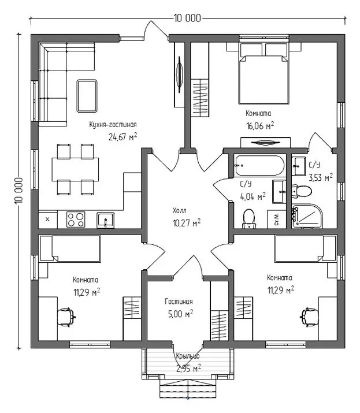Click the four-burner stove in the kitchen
coord(76,219)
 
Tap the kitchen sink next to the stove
coord(105,220)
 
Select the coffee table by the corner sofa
coord(87,96)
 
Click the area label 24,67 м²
coord(123,137)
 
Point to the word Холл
coord(180,210)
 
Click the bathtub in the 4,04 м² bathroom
coord(259,165)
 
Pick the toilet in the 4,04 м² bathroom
coord(249,218)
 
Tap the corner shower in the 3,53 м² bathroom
coord(307,215)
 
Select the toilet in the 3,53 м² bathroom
coord(302,191)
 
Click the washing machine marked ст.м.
coord(276,219)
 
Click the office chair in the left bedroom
coord(66,317)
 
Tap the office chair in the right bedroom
coord(310,317)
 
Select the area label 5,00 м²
coord(180,314)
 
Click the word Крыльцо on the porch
coord(188,356)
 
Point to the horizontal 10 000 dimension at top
coord(187,18)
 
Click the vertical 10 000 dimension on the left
coord(18,191)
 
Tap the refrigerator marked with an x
coord(48,219)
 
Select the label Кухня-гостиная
coord(113,125)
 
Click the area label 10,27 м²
coord(187,223)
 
